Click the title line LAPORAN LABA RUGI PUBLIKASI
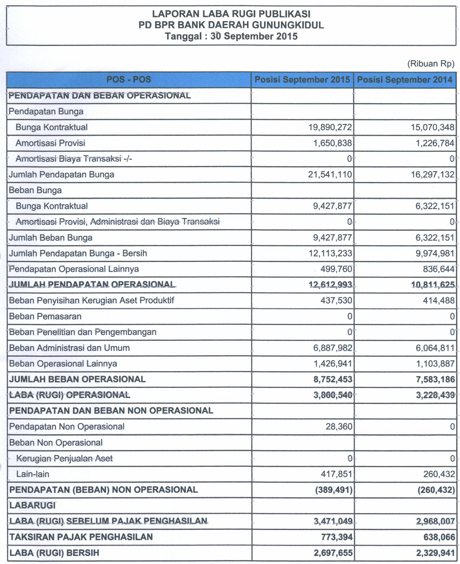click(x=231, y=14)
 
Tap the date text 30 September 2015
click(x=254, y=36)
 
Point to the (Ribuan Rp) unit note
click(x=431, y=64)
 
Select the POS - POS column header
click(x=129, y=80)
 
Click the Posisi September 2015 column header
click(x=302, y=80)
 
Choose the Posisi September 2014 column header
click(x=405, y=80)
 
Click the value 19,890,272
click(x=330, y=127)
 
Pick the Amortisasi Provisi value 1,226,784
click(x=435, y=143)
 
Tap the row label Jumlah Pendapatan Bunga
click(x=62, y=174)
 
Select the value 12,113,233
click(x=330, y=253)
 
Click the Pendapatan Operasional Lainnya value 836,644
click(x=438, y=269)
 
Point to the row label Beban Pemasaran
click(x=45, y=316)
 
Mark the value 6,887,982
click(x=333, y=348)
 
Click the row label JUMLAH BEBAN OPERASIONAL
click(x=77, y=379)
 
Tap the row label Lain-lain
click(x=33, y=474)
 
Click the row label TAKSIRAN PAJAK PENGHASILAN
click(x=81, y=537)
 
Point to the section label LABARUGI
click(x=32, y=505)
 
